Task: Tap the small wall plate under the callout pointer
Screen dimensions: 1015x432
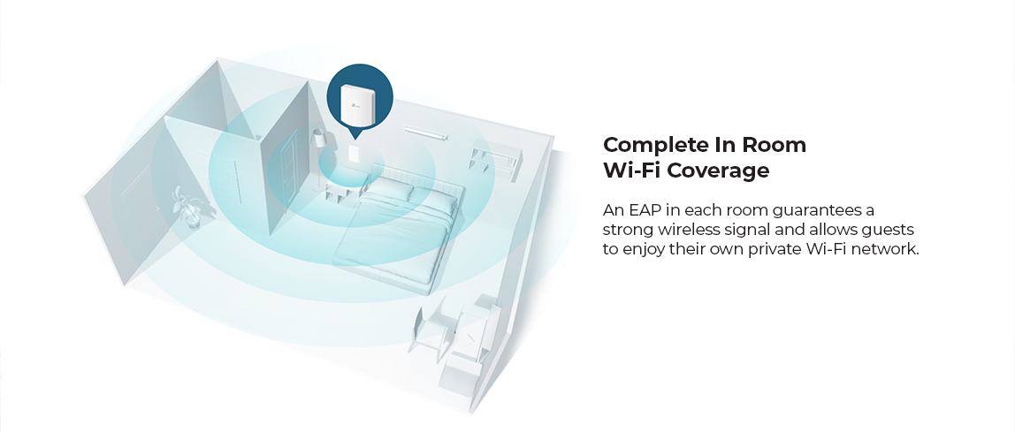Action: pos(355,154)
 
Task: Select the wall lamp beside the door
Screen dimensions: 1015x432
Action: pos(318,138)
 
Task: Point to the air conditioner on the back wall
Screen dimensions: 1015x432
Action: pos(426,133)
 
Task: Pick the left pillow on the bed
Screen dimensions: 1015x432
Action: pos(391,189)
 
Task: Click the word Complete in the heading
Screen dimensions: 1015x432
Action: pos(656,145)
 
